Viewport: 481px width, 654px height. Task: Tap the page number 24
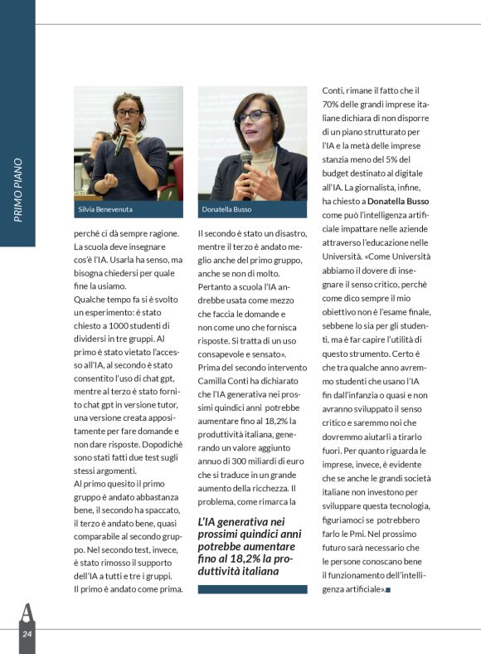27,635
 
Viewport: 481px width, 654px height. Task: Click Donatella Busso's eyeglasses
254,115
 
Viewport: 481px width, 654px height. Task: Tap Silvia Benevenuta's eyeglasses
128,112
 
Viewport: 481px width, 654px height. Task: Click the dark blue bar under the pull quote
252,589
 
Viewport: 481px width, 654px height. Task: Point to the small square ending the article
388,589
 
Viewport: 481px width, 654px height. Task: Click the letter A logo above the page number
27,613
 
